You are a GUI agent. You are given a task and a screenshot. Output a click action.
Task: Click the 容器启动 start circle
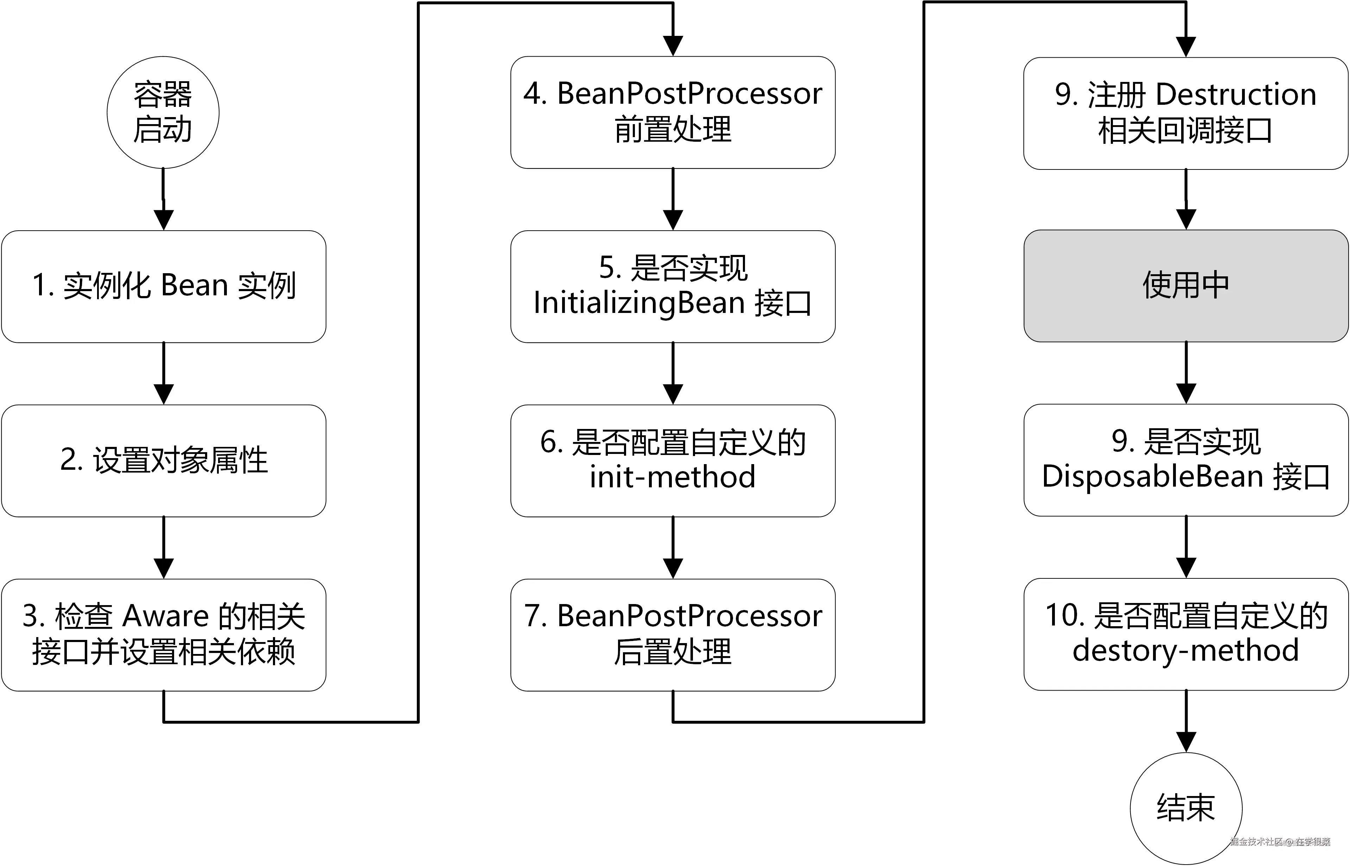pyautogui.click(x=163, y=113)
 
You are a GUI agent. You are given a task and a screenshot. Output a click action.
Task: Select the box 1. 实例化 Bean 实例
pyautogui.click(x=163, y=286)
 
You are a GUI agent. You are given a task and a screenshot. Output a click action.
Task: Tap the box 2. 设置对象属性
pyautogui.click(x=163, y=461)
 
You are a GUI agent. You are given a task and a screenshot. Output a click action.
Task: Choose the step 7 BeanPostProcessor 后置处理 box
pyautogui.click(x=673, y=635)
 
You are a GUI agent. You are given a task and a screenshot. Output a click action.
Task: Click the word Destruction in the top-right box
pyautogui.click(x=1236, y=95)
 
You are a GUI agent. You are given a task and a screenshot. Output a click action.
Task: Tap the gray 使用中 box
pyautogui.click(x=1186, y=286)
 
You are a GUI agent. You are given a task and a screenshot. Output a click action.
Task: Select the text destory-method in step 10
pyautogui.click(x=1186, y=650)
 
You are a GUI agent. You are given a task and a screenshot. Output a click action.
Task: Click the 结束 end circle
pyautogui.click(x=1186, y=808)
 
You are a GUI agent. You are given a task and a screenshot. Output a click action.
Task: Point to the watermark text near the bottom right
pyautogui.click(x=1280, y=842)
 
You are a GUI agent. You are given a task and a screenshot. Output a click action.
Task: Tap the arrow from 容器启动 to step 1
pyautogui.click(x=163, y=200)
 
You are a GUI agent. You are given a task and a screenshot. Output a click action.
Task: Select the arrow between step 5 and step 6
pyautogui.click(x=673, y=374)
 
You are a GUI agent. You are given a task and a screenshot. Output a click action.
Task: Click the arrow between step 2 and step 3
pyautogui.click(x=163, y=548)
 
